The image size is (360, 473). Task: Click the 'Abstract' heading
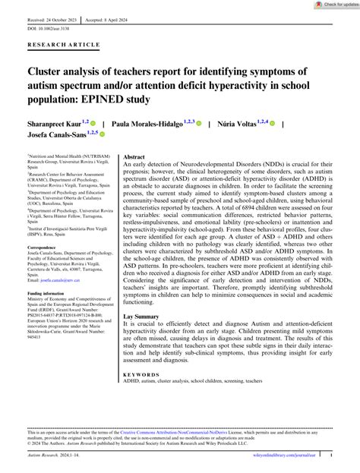138,154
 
